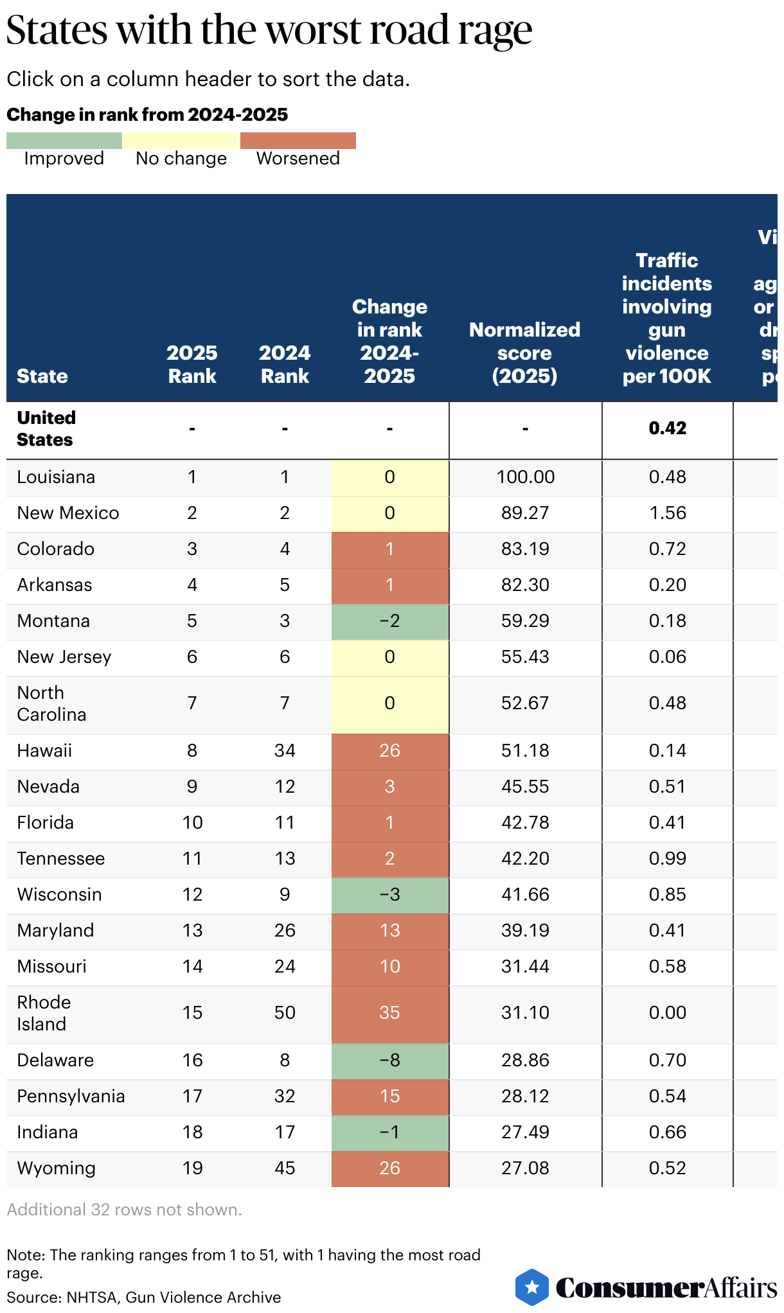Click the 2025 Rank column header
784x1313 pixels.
(192, 364)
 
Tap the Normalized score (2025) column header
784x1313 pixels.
(524, 353)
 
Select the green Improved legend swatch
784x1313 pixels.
(64, 141)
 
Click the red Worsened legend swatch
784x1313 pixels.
(298, 141)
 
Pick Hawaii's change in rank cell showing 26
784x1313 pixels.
(389, 751)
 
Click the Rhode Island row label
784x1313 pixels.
(44, 1013)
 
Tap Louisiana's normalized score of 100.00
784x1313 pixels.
(525, 477)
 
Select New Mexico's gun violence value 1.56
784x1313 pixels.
(667, 513)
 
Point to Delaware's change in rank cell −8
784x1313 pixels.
(389, 1061)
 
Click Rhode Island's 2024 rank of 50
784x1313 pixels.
(285, 1013)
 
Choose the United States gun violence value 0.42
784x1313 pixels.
(667, 428)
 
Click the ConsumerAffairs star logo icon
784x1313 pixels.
(532, 1287)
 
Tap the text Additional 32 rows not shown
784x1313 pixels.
(124, 1210)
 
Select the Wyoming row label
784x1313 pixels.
(57, 1168)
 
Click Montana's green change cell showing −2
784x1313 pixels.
(389, 621)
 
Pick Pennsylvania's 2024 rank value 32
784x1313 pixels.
(285, 1097)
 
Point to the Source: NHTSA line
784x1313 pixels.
(144, 1298)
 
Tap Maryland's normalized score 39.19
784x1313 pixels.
(525, 931)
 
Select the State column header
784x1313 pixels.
(42, 376)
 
